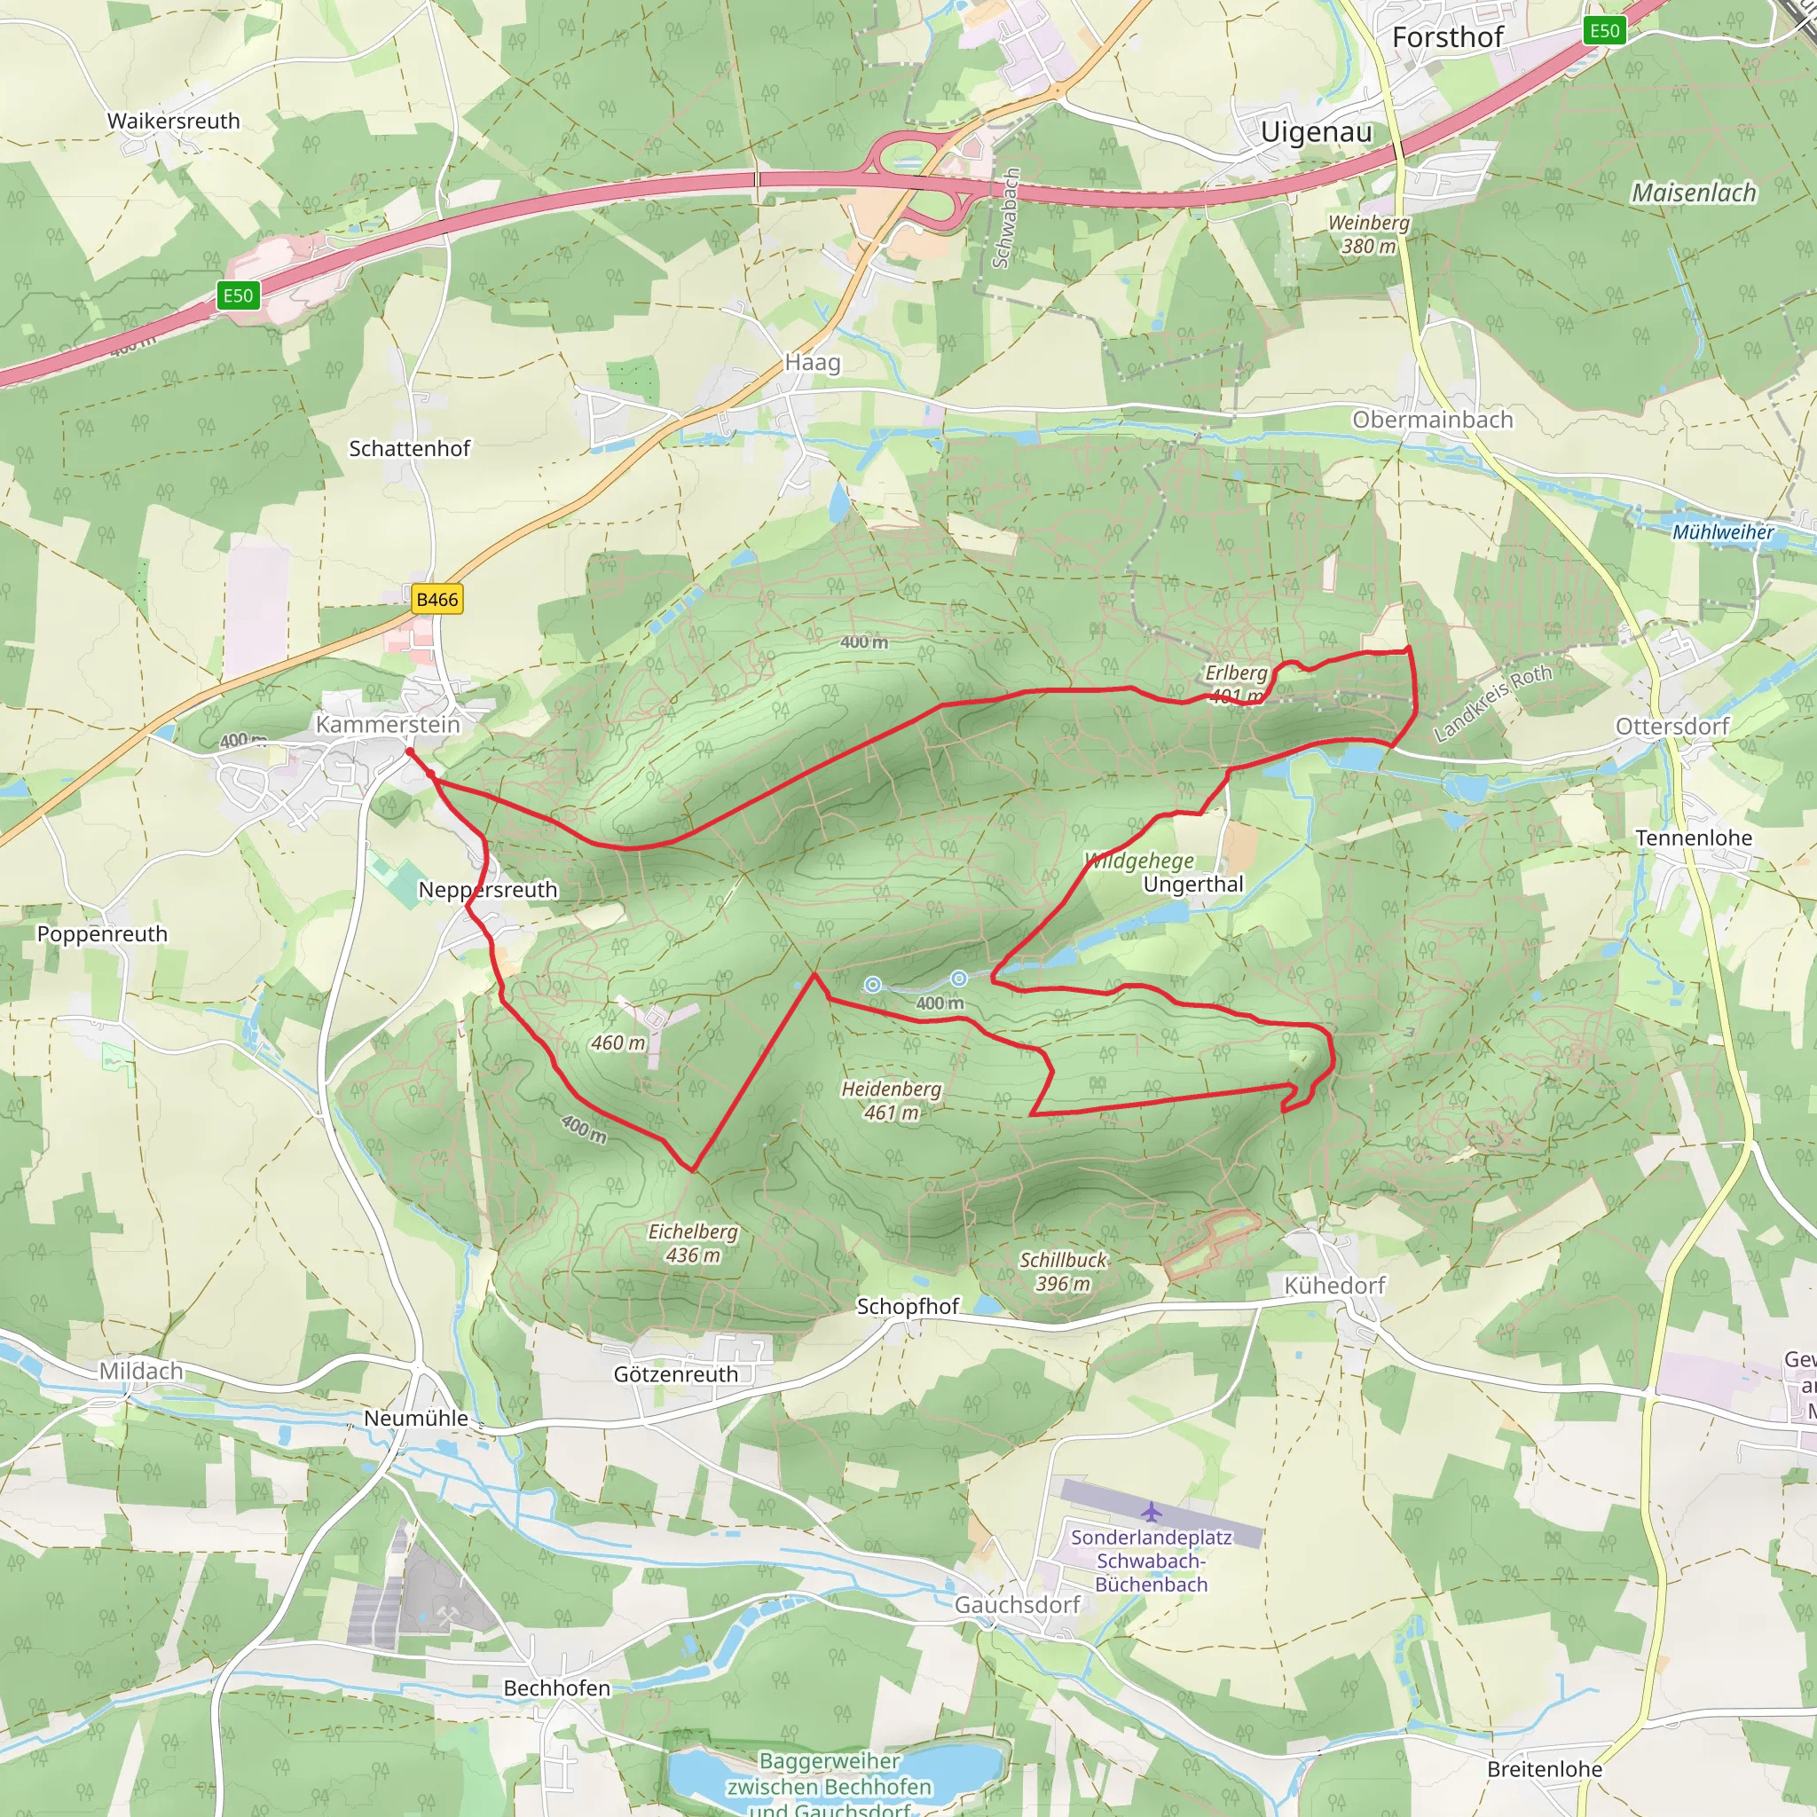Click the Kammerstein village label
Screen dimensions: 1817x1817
[x=388, y=724]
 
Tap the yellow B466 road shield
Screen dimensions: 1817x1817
[x=437, y=599]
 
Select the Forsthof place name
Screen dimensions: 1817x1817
[x=1447, y=37]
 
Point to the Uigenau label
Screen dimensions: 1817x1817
[x=1316, y=131]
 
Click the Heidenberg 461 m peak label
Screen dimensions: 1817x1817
[x=891, y=1100]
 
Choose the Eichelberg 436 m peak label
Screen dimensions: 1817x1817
[x=693, y=1243]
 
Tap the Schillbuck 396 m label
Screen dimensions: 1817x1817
[x=1064, y=1271]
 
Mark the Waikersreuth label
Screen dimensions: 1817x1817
[x=173, y=122]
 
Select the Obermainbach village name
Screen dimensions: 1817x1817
[x=1432, y=420]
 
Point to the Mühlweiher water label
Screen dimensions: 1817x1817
[x=1722, y=532]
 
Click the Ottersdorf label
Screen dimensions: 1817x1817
[x=1672, y=726]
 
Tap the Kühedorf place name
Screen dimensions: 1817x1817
[x=1334, y=1286]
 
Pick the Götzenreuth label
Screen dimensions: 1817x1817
[x=675, y=1374]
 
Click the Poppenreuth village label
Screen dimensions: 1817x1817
[x=103, y=934]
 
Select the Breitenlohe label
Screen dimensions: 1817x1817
[x=1545, y=1769]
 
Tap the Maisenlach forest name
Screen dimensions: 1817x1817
[x=1694, y=193]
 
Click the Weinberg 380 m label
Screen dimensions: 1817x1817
[x=1368, y=234]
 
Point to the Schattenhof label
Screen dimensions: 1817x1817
[x=409, y=449]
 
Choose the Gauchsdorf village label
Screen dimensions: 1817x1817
[x=1017, y=1604]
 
